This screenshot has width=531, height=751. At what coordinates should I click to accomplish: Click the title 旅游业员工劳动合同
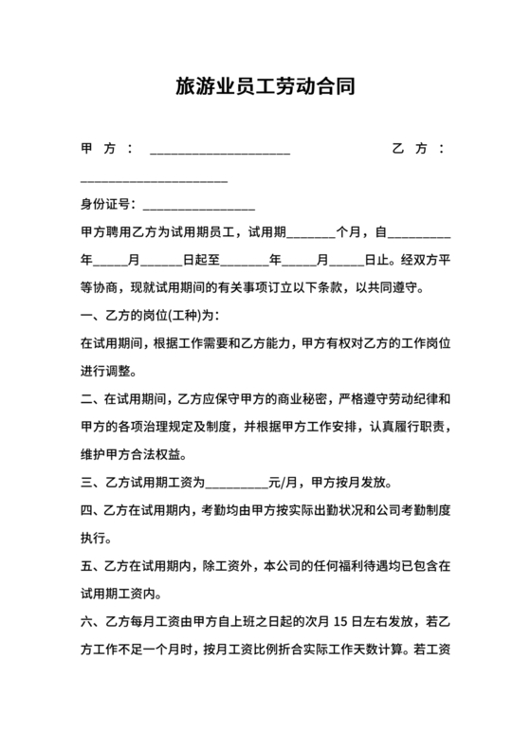265,88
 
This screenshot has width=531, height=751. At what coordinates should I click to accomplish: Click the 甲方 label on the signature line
99,149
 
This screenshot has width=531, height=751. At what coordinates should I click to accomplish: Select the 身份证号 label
104,204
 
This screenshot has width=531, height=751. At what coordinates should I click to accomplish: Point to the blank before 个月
310,233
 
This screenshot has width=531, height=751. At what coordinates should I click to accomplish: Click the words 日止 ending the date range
375,260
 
